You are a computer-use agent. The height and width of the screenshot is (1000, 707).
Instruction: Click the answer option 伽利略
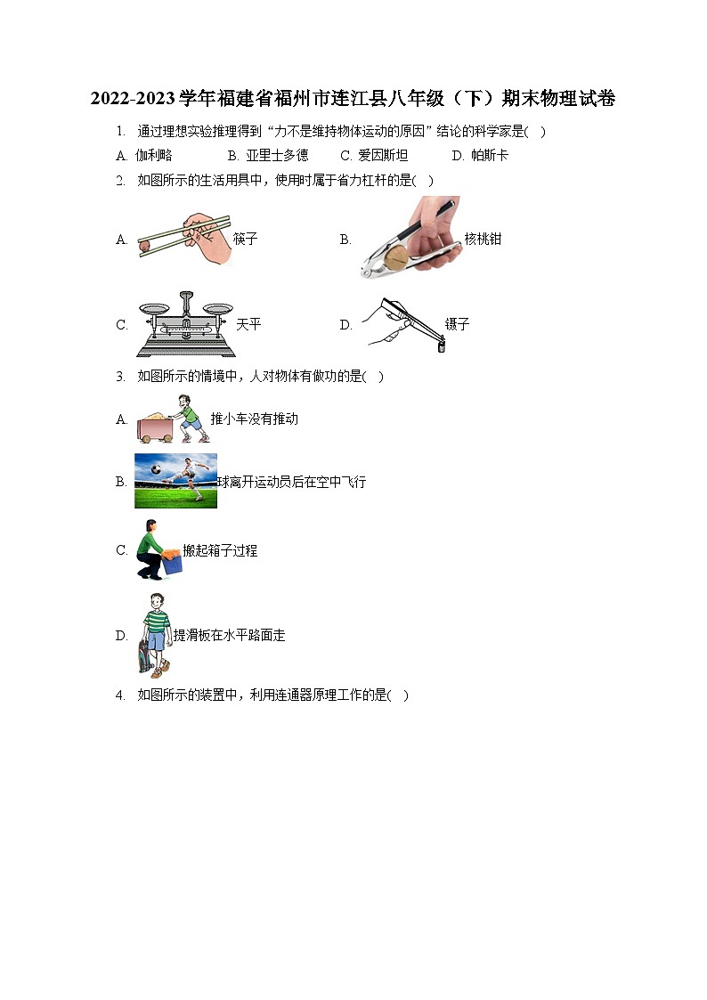click(x=154, y=155)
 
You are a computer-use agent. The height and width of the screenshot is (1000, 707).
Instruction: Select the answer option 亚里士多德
click(x=277, y=155)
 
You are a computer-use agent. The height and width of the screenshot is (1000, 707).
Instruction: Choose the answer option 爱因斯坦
click(x=383, y=155)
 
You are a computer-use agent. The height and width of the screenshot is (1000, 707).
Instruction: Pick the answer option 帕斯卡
click(x=490, y=155)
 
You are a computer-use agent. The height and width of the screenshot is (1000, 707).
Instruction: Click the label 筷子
click(x=246, y=239)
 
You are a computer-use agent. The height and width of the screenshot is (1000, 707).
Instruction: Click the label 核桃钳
click(x=484, y=239)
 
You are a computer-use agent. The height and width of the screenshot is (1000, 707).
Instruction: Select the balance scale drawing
click(x=185, y=324)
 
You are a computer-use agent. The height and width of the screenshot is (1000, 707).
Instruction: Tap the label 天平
click(x=248, y=324)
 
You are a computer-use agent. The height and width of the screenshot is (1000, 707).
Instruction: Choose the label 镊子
click(x=457, y=324)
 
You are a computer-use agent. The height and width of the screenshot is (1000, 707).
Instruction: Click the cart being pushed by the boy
click(x=155, y=427)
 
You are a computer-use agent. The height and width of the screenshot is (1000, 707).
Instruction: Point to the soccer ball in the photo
click(x=156, y=469)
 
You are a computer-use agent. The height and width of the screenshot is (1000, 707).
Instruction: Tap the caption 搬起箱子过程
click(x=220, y=550)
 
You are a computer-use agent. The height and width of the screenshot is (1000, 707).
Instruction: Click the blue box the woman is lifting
click(x=172, y=562)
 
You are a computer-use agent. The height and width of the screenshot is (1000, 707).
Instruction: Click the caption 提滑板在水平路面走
click(x=230, y=635)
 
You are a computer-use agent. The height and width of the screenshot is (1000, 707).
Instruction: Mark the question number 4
click(x=120, y=695)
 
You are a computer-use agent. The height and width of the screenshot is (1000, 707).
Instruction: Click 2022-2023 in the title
click(x=133, y=98)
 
